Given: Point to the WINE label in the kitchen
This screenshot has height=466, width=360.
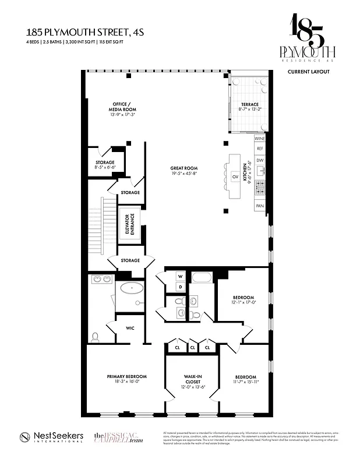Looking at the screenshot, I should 260,139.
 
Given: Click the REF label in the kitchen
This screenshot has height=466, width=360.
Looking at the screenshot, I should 260,149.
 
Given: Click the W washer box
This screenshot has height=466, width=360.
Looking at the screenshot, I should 180,276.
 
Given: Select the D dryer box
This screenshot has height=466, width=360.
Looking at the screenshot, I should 180,287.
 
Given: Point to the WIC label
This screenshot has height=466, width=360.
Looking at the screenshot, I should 130,328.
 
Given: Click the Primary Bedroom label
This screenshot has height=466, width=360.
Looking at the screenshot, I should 126,376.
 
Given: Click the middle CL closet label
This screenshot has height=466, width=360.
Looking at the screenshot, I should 192,348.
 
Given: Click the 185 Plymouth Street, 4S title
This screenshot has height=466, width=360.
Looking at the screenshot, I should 73,34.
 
